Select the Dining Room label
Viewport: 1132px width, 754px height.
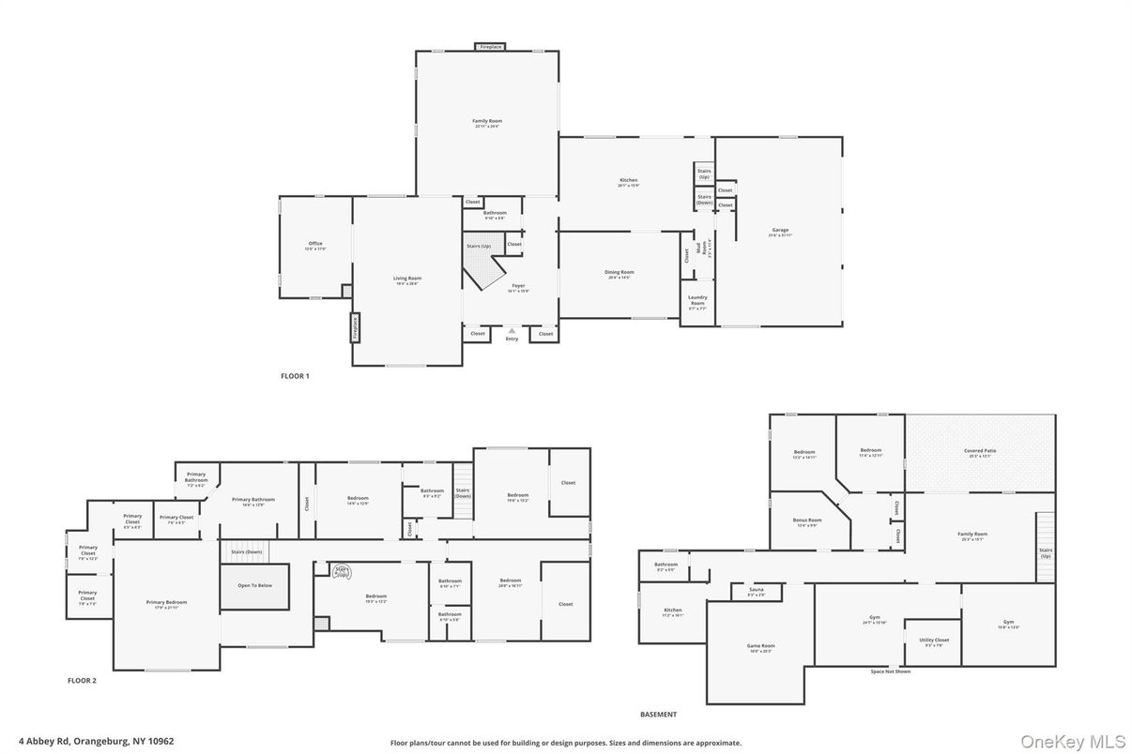click(x=620, y=274)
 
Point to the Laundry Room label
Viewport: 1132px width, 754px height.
click(x=697, y=300)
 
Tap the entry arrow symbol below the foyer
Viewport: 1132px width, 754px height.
click(x=512, y=331)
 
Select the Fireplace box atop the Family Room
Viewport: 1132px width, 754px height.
click(x=490, y=47)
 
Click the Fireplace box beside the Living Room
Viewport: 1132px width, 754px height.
click(x=356, y=327)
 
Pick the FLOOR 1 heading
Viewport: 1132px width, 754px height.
click(x=295, y=376)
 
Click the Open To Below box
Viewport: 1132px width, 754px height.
click(x=254, y=585)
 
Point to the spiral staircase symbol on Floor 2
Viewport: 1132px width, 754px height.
click(x=341, y=570)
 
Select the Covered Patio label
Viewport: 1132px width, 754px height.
click(x=980, y=452)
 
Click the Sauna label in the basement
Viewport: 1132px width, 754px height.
click(x=757, y=592)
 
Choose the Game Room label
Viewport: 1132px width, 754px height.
click(x=760, y=647)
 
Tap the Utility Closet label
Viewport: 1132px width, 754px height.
click(x=934, y=641)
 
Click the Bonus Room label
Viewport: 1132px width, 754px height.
click(x=807, y=522)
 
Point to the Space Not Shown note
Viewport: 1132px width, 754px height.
click(x=890, y=671)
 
